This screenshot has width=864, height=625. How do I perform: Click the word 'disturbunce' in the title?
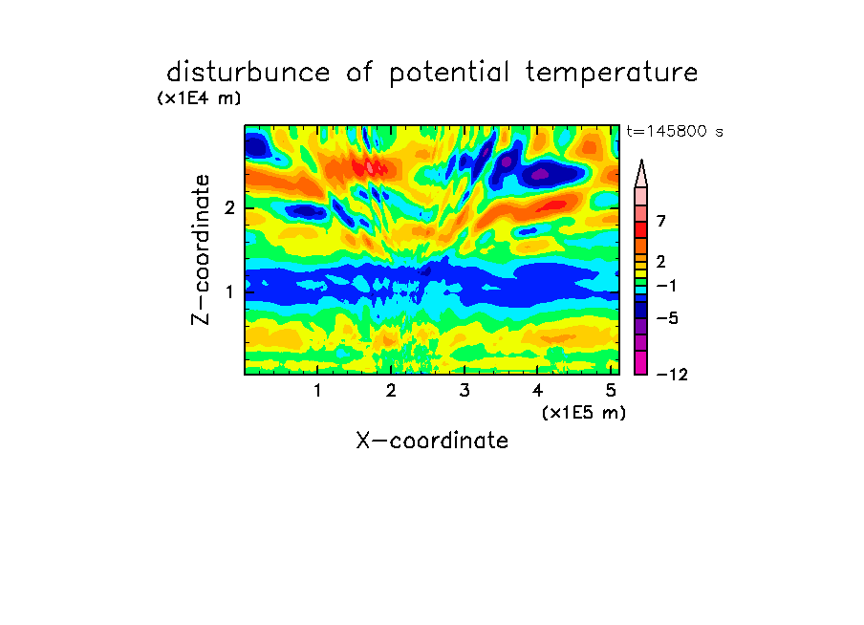(248, 72)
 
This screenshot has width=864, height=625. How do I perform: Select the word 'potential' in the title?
(449, 74)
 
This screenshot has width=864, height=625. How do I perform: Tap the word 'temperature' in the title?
(612, 73)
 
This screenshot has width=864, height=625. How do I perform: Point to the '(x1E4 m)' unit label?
(199, 98)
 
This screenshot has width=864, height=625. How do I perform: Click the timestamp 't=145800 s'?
(675, 131)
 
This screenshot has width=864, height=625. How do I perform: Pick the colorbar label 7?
(661, 221)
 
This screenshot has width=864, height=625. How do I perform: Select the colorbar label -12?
(672, 375)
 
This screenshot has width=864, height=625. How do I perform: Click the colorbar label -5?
(667, 318)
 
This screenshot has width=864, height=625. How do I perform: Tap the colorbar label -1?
(666, 286)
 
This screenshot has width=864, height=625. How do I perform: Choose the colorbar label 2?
(661, 261)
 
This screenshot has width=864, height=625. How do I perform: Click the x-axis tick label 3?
(464, 391)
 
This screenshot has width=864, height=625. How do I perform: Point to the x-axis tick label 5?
(611, 391)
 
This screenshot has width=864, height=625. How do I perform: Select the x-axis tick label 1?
(317, 391)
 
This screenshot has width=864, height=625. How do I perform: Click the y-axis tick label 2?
(229, 208)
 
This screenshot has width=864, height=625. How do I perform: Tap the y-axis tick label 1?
(229, 291)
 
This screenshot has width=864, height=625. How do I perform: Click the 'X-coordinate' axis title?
(432, 441)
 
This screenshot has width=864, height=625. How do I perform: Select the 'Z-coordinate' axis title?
(201, 249)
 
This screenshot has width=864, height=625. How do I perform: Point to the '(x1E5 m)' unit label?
(584, 413)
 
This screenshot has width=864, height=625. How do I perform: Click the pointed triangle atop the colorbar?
(641, 175)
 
